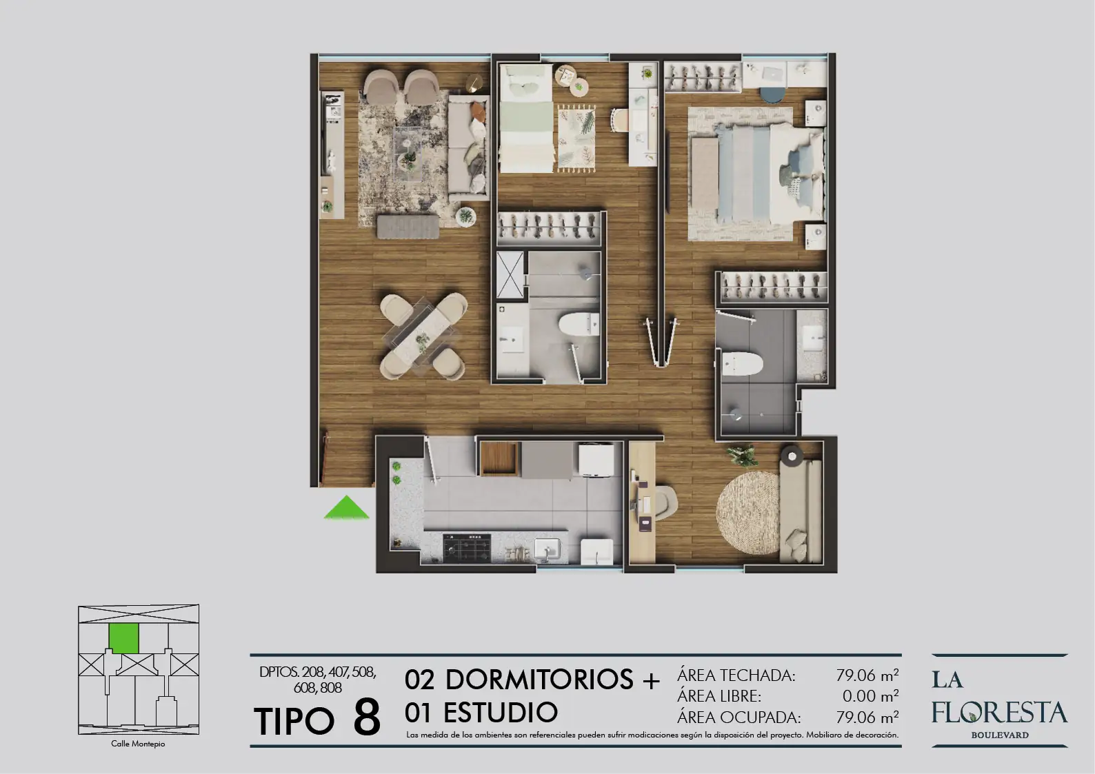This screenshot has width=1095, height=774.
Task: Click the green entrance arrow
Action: click(x=347, y=508)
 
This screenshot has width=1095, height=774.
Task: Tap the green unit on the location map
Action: click(x=123, y=639)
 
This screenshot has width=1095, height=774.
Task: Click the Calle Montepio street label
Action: click(x=138, y=744)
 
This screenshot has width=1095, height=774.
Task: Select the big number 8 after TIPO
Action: click(x=367, y=716)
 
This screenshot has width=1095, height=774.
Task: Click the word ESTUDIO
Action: click(x=501, y=712)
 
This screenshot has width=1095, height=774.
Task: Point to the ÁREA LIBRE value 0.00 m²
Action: click(x=870, y=695)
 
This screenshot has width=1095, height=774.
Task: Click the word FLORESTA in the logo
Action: click(x=999, y=712)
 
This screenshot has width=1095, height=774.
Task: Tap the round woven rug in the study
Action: click(x=748, y=512)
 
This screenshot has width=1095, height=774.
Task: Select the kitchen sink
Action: click(x=547, y=549)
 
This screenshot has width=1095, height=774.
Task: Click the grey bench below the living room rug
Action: click(x=408, y=227)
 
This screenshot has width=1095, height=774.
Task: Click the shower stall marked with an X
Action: click(x=510, y=274)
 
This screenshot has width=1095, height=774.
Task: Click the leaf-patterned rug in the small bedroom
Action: click(x=577, y=139)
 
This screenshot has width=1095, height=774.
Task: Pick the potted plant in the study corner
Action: click(x=741, y=454)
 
